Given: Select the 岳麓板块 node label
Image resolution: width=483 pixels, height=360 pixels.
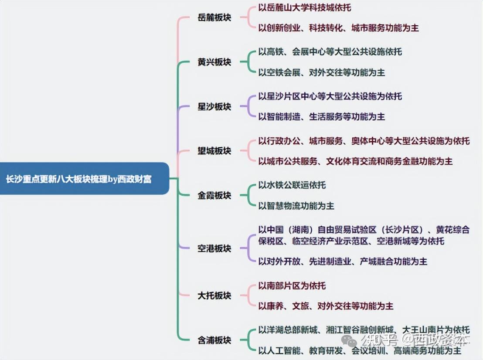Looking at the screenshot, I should [214, 18].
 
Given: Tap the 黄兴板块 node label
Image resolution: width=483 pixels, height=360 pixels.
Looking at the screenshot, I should [214, 62].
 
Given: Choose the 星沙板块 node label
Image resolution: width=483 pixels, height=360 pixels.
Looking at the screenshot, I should [214, 107].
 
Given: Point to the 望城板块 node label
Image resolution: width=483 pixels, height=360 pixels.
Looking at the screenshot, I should [214, 151].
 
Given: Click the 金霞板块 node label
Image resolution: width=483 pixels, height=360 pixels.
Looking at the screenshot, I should [214, 196].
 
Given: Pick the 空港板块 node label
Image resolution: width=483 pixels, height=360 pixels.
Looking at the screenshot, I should [214, 248].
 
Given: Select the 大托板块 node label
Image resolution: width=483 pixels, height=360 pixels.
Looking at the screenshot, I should [214, 295].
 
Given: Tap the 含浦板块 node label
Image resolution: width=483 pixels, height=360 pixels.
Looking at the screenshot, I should [214, 340].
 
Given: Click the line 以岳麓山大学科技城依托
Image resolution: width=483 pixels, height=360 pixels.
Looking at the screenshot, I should [304, 7].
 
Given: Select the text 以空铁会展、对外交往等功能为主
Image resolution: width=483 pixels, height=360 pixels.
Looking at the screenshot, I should [321, 72].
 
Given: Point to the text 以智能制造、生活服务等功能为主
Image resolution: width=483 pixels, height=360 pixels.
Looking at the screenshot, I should [321, 116].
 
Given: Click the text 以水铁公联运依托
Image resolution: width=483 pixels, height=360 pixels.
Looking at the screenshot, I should [292, 185].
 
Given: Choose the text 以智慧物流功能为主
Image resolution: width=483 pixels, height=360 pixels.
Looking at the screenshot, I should [296, 205].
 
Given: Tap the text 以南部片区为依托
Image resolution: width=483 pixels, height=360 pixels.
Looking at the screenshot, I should [292, 286].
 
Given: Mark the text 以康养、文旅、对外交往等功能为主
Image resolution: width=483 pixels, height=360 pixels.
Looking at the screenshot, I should [326, 306].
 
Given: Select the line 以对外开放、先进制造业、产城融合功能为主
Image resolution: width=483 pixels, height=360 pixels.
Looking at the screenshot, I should [342, 261].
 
